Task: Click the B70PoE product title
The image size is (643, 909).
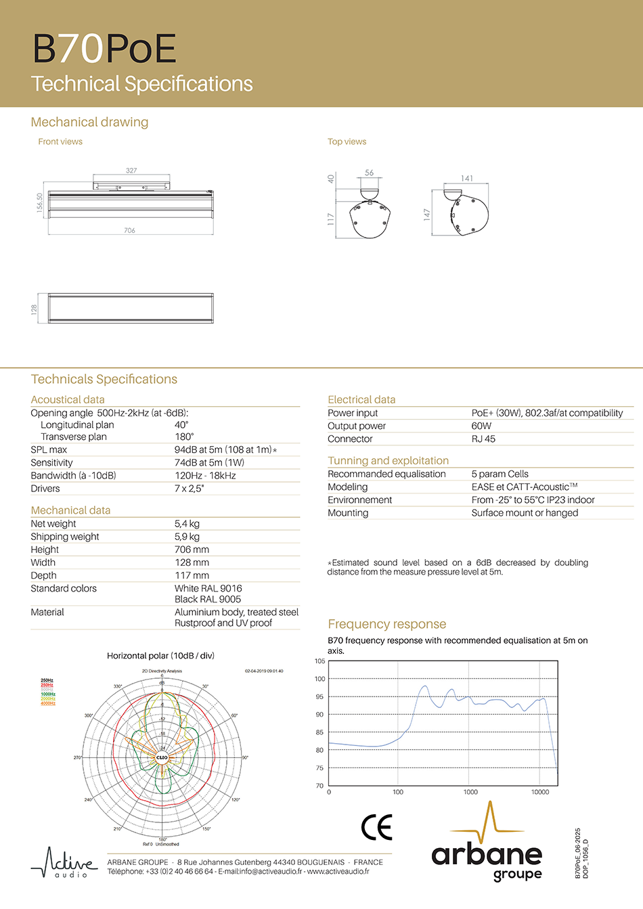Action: pyautogui.click(x=104, y=49)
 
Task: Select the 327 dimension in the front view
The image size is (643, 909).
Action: pyautogui.click(x=131, y=171)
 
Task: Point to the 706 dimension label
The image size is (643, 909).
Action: pyautogui.click(x=129, y=231)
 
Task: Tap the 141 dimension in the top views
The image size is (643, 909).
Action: pyautogui.click(x=467, y=179)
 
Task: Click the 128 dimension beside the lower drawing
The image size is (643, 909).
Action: pyautogui.click(x=35, y=309)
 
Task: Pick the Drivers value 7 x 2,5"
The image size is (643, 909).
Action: pyautogui.click(x=189, y=489)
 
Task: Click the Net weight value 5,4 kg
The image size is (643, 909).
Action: pyautogui.click(x=187, y=524)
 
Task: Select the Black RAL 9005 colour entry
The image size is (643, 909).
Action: pyautogui.click(x=208, y=599)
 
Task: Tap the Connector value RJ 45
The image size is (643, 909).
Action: pyautogui.click(x=483, y=439)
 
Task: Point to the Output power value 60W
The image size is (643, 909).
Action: pyautogui.click(x=481, y=426)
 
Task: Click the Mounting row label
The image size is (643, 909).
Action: pyautogui.click(x=348, y=513)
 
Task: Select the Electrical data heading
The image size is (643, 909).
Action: pyautogui.click(x=361, y=400)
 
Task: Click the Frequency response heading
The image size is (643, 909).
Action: pyautogui.click(x=386, y=624)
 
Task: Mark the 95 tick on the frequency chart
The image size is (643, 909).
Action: pyautogui.click(x=319, y=696)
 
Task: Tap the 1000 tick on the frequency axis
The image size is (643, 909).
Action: pyautogui.click(x=470, y=792)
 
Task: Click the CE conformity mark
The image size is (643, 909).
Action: pyautogui.click(x=376, y=827)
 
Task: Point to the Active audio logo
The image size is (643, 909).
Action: pyautogui.click(x=64, y=862)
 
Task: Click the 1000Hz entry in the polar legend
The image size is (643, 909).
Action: pyautogui.click(x=48, y=694)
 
